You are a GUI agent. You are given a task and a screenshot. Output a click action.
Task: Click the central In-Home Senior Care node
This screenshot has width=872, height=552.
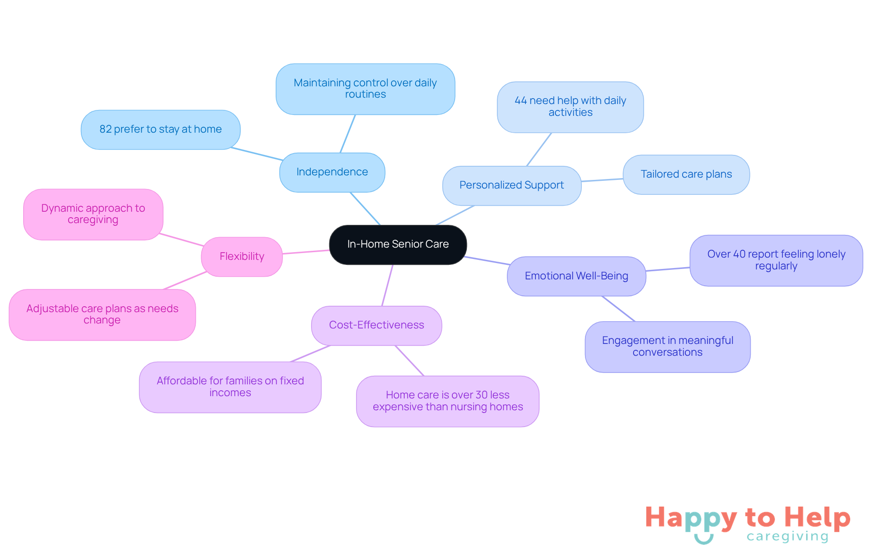[x=398, y=244]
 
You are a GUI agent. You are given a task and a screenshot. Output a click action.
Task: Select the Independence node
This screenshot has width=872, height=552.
[x=332, y=172]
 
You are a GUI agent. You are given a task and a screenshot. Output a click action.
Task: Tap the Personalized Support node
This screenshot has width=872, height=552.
[x=512, y=185]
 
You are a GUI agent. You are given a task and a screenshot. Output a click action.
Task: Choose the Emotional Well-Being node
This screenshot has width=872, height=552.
[x=576, y=276]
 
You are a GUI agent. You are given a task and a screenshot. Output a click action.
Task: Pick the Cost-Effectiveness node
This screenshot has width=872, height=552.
[x=377, y=325]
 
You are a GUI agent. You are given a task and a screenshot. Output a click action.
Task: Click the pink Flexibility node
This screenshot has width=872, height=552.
[x=242, y=257]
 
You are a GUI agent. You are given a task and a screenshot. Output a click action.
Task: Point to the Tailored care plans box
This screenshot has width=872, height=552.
[x=686, y=174]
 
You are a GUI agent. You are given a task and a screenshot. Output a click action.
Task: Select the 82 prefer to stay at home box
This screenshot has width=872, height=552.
[x=160, y=129]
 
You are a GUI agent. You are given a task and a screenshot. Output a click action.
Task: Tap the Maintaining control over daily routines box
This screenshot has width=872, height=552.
[x=365, y=89]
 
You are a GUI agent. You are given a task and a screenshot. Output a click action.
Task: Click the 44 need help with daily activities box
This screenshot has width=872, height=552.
[x=570, y=107]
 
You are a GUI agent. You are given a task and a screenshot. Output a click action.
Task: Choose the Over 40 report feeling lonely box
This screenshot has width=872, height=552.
[x=776, y=260]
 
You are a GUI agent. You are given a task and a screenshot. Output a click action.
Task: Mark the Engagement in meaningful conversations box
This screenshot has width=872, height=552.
[x=668, y=347]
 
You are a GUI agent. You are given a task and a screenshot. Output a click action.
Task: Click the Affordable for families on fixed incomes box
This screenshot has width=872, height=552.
[x=230, y=387]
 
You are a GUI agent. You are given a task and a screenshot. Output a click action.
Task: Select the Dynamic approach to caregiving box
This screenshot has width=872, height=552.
[x=93, y=214]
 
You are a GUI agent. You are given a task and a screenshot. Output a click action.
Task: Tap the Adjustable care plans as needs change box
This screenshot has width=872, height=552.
[x=102, y=315]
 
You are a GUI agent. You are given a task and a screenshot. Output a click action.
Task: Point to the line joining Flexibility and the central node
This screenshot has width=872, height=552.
[x=306, y=252]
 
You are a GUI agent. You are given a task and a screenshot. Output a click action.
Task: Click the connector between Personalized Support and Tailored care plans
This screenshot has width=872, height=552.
[x=602, y=180]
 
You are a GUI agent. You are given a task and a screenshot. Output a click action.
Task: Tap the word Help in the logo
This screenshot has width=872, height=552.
[x=817, y=518]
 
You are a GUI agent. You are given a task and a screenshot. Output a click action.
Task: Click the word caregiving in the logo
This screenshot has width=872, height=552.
[x=788, y=537]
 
